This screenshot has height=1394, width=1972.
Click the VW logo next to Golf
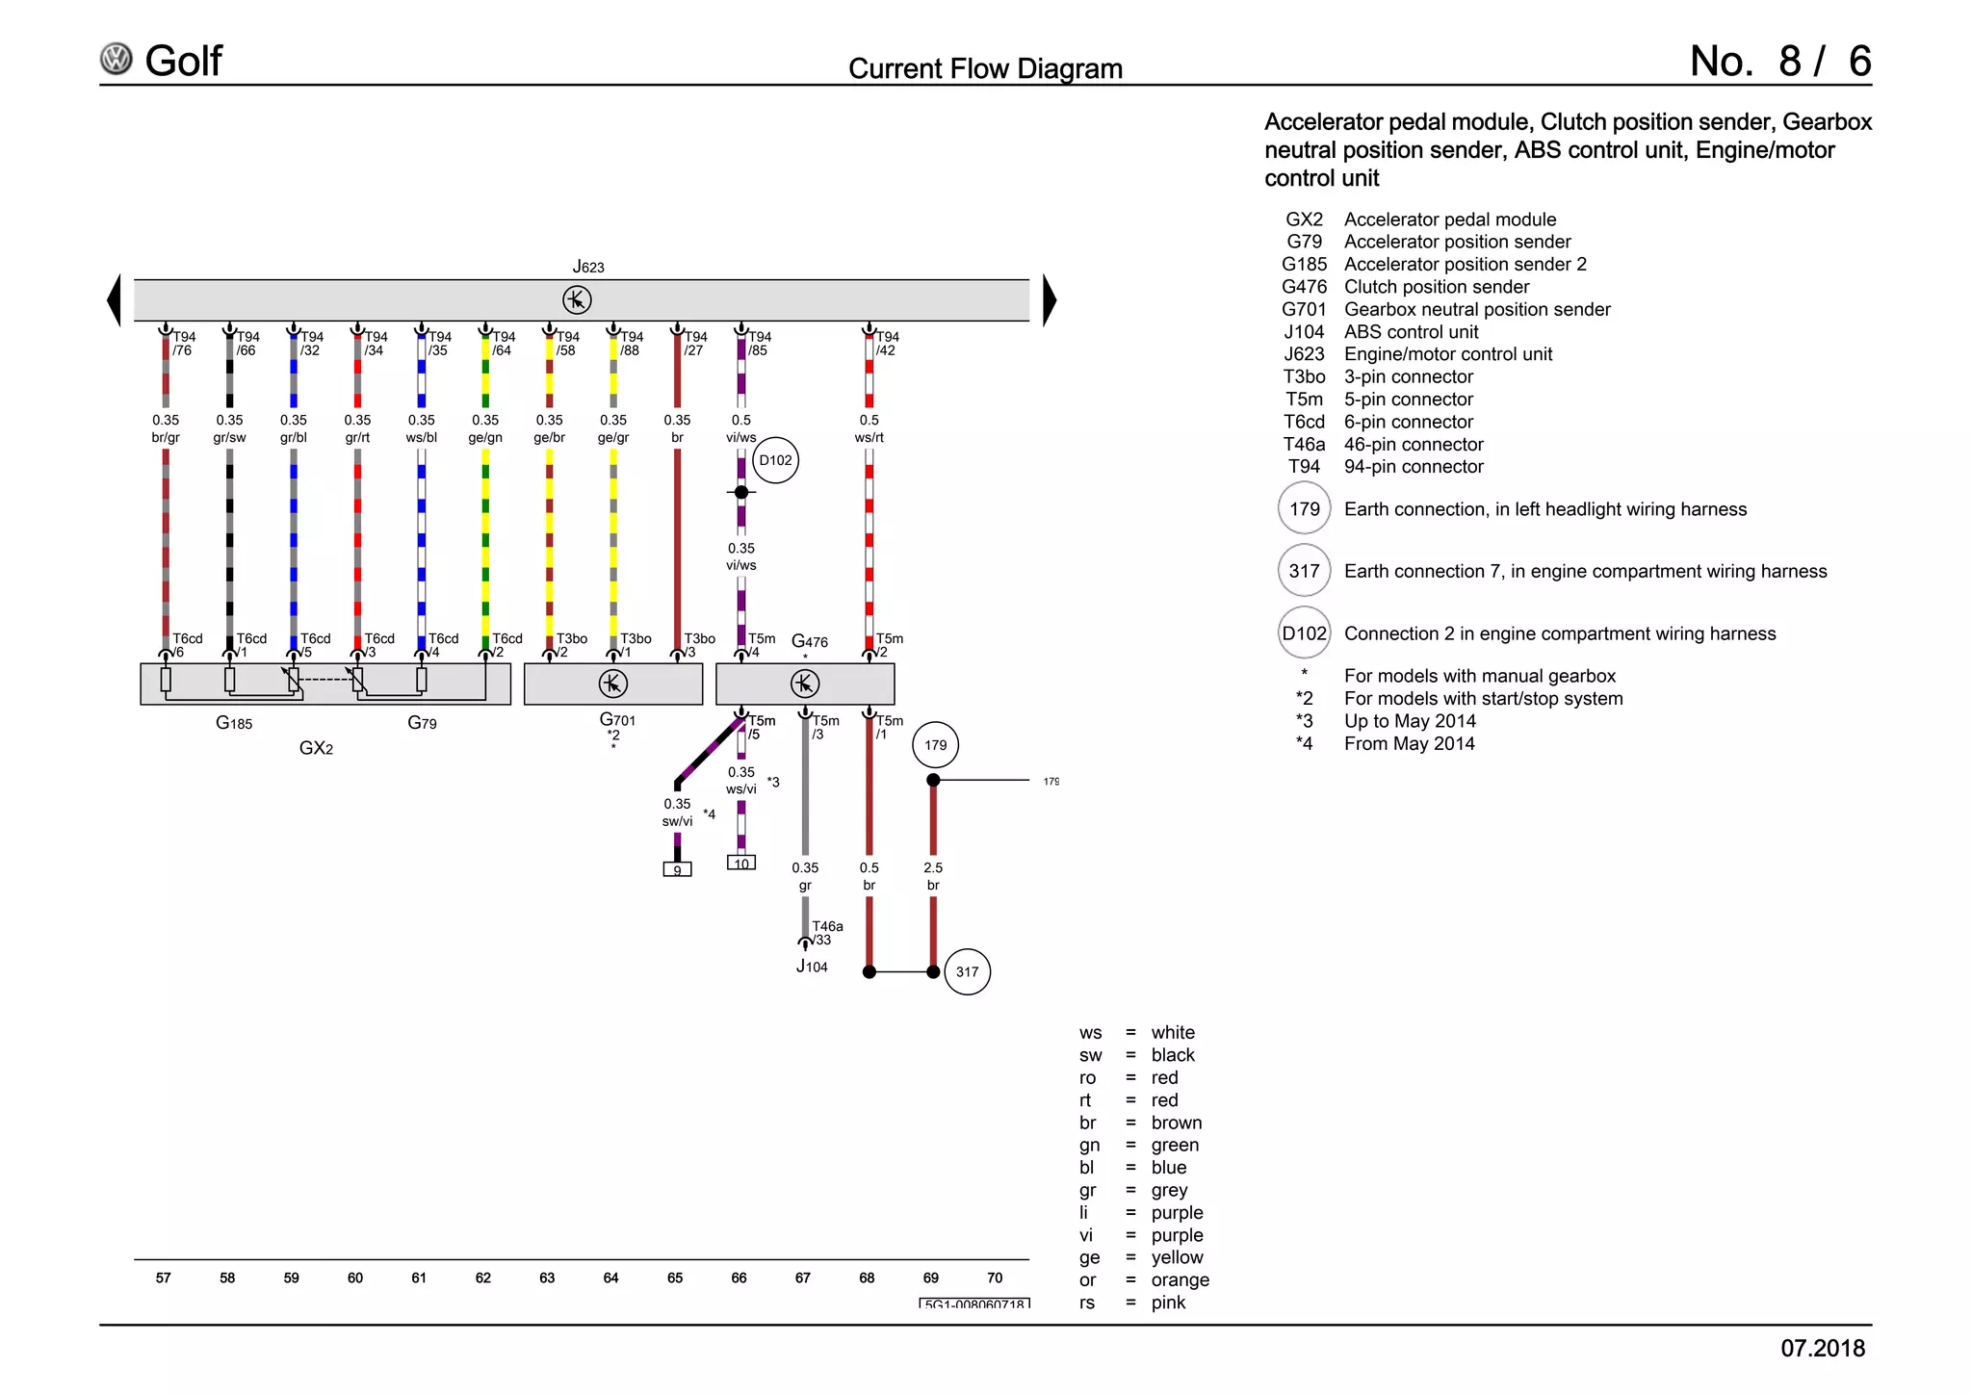(x=117, y=60)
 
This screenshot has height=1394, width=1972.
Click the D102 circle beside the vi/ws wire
(x=775, y=460)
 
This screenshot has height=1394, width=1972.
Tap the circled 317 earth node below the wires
(x=967, y=971)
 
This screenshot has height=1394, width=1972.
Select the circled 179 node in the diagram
(x=935, y=745)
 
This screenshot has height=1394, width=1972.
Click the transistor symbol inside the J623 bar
(x=577, y=300)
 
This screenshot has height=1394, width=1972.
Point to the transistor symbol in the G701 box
(x=612, y=684)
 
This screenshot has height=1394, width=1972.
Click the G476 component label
(x=809, y=641)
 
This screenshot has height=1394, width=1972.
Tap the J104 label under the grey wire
(x=812, y=967)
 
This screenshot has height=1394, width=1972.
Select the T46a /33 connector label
(x=826, y=933)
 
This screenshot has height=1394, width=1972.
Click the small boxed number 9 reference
(x=677, y=869)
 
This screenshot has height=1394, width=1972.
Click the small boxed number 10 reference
(x=740, y=863)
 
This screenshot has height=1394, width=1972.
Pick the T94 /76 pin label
(x=183, y=344)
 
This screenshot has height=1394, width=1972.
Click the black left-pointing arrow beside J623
(x=114, y=300)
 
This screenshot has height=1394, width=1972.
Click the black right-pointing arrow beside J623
(x=1050, y=300)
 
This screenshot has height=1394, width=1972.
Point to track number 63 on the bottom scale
(x=547, y=1278)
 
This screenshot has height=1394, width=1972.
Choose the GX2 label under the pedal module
(x=316, y=748)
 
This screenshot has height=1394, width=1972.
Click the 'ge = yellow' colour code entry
(x=1141, y=1257)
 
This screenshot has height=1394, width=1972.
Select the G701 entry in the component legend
(x=1444, y=309)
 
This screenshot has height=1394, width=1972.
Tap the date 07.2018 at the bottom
(x=1822, y=1348)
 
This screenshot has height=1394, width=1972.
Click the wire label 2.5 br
(x=933, y=876)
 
